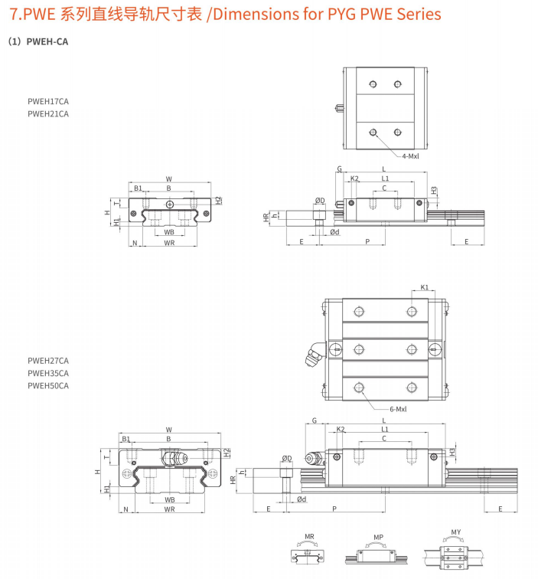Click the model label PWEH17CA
(48, 101)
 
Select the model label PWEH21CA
(48, 113)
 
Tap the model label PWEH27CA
(48, 361)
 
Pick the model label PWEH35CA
(48, 373)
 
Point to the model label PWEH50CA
(48, 385)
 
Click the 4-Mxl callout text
(410, 156)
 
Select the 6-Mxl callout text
(398, 409)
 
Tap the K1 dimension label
(424, 287)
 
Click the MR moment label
(309, 537)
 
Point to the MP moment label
(378, 538)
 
